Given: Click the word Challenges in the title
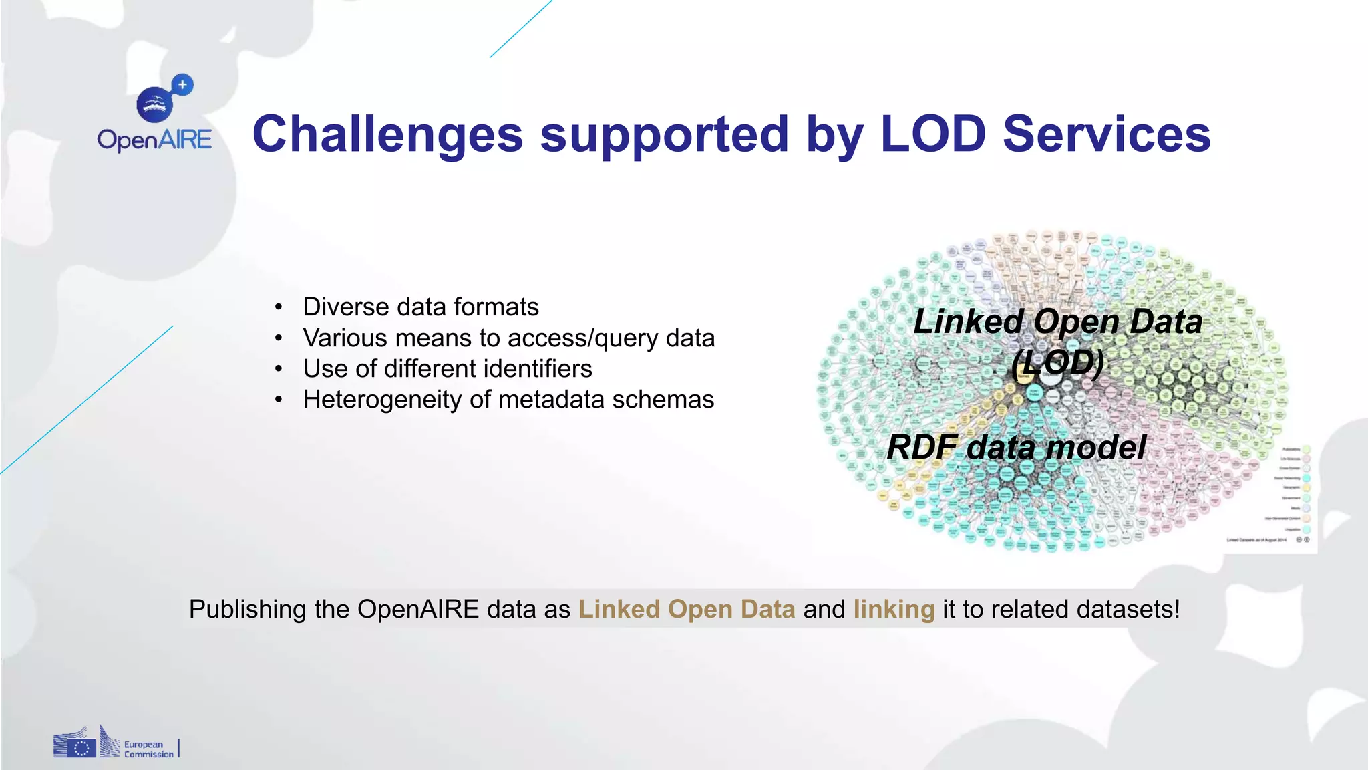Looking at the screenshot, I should pos(387,134).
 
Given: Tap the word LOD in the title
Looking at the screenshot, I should pos(932,134).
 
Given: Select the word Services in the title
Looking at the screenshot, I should pos(1106,134).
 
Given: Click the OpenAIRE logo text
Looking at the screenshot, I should pos(154,140).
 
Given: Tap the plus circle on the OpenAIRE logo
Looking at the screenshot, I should pos(182,85).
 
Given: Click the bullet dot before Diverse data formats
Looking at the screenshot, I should pos(279,307).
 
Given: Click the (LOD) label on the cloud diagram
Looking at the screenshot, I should pos(1057,363).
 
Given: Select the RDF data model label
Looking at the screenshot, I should pos(1016,447).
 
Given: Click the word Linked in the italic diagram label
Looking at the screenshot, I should pos(968,322).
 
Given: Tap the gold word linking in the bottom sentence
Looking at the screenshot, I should pos(894,609).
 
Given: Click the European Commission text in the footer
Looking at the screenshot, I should pos(148,749).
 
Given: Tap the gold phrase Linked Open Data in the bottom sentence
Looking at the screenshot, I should pos(687,609).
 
